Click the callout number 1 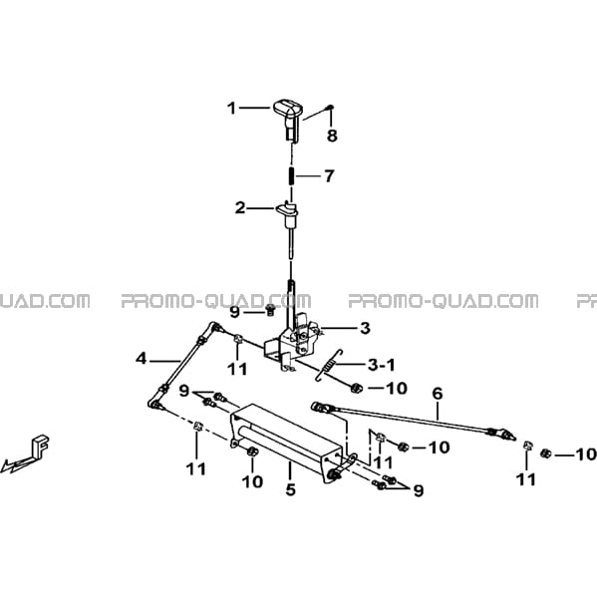click(231, 109)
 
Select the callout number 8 click(332, 136)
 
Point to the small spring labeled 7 click(291, 175)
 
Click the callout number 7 click(329, 175)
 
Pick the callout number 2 click(240, 208)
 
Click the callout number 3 click(365, 328)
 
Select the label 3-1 click(381, 365)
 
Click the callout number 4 click(141, 358)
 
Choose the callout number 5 click(290, 489)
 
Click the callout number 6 click(438, 394)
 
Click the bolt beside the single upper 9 click(270, 310)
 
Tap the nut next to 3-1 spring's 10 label click(357, 388)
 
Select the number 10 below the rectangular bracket click(252, 482)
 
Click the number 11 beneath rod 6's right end click(526, 479)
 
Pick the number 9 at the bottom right click(419, 491)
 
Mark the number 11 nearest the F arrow click(196, 469)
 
